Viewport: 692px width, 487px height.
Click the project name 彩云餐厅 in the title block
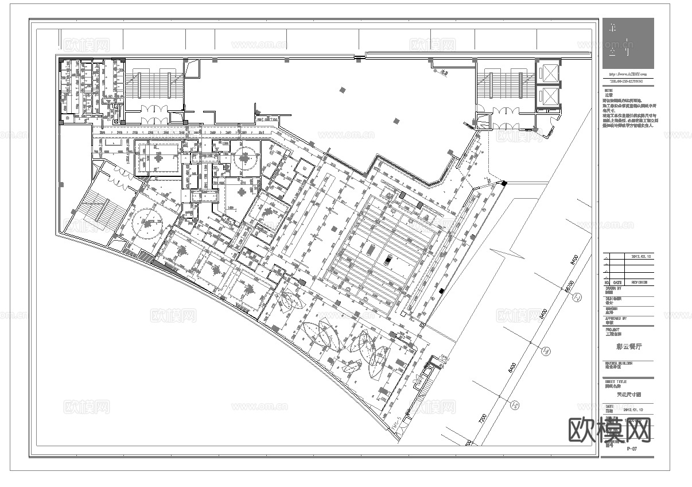[627, 347]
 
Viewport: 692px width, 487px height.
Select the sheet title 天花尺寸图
[628, 395]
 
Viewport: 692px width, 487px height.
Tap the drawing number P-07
[632, 449]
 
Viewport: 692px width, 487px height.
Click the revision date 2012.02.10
[642, 256]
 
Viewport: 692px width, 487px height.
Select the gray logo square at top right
[628, 43]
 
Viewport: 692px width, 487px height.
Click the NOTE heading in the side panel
[608, 90]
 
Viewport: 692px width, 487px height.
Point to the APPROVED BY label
[616, 318]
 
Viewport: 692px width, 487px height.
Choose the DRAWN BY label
[613, 288]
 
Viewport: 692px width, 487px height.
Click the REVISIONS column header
[639, 282]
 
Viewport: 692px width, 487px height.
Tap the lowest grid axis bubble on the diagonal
[516, 405]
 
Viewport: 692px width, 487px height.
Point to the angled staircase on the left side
[98, 210]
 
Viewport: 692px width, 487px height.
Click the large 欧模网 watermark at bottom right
[609, 430]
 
